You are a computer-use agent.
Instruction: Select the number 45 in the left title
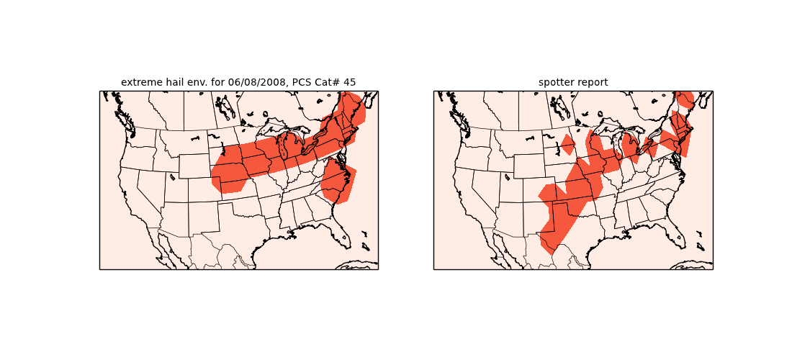click(349, 83)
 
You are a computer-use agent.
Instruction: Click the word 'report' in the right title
click(591, 83)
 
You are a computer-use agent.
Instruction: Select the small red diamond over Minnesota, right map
click(568, 144)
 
